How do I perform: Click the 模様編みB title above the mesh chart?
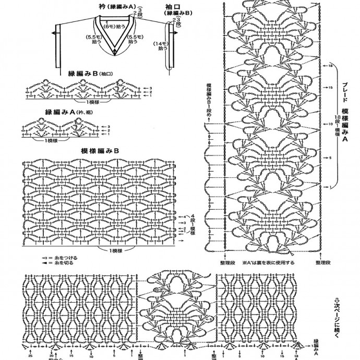pos(100,150)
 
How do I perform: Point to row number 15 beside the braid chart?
pos(331,87)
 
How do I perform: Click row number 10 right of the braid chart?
pos(331,124)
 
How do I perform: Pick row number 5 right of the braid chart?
pos(331,157)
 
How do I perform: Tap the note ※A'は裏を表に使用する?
pos(268,262)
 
